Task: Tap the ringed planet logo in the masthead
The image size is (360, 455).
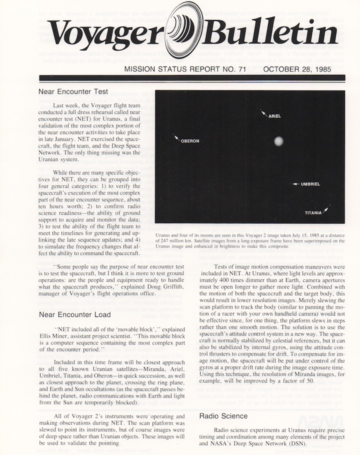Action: (181, 30)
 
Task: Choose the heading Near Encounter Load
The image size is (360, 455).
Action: (74, 314)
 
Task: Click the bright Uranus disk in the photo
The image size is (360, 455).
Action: (278, 141)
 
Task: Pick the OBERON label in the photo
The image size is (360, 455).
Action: (190, 141)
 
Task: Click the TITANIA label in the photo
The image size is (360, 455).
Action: (313, 213)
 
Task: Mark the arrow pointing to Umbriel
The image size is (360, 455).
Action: (295, 184)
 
